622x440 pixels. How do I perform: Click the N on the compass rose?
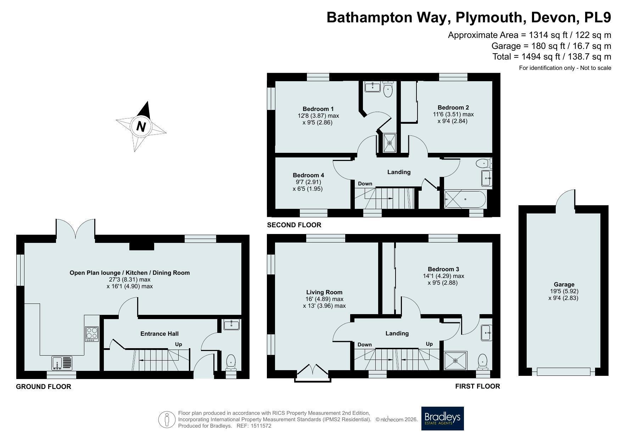(141, 127)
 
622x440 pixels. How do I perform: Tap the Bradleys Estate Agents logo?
(442, 418)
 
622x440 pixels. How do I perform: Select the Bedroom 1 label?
(318, 109)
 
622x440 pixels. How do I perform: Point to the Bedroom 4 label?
(308, 175)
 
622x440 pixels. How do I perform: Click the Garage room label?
(564, 284)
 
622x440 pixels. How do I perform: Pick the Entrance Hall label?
(159, 334)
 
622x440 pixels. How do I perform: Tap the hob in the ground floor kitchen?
(92, 334)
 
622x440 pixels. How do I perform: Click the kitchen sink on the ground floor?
(62, 363)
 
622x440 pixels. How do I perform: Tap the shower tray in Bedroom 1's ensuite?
(390, 143)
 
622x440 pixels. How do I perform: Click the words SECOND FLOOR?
(294, 225)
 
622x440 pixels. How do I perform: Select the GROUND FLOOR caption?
(44, 386)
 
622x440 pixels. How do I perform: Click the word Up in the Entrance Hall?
(178, 344)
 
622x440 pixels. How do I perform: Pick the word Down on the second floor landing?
(365, 183)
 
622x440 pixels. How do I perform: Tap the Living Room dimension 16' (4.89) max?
(325, 299)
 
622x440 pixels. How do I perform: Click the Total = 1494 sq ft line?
(552, 56)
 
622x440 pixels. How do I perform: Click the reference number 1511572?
(260, 426)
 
